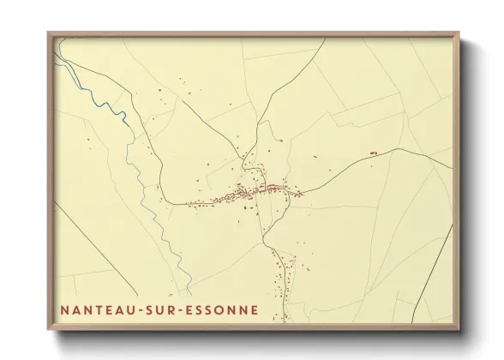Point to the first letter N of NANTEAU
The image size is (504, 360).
pyautogui.click(x=64, y=307)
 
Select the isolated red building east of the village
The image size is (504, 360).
pyautogui.click(x=373, y=153)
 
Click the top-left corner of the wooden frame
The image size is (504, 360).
pyautogui.click(x=49, y=33)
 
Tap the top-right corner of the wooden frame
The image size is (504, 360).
pyautogui.click(x=459, y=33)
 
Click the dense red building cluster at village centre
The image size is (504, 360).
pyautogui.click(x=254, y=190)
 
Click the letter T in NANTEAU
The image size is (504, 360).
pyautogui.click(x=101, y=307)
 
